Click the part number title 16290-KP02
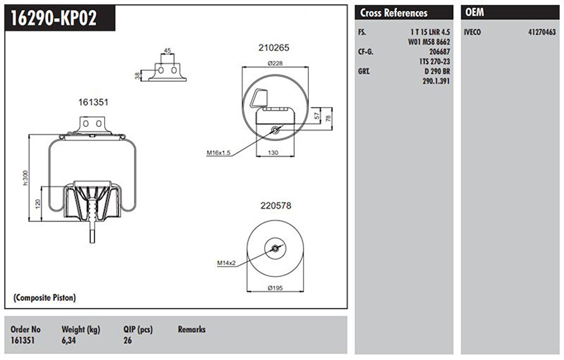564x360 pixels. click(x=54, y=18)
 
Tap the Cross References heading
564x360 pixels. click(x=393, y=13)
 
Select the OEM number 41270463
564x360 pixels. click(x=542, y=33)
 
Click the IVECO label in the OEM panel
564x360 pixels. click(x=473, y=33)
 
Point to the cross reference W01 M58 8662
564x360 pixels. click(x=429, y=42)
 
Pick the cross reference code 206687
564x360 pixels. click(x=439, y=52)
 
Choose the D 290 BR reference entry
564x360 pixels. click(x=437, y=71)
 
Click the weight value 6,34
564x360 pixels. click(x=69, y=340)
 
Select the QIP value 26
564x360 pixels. click(x=127, y=340)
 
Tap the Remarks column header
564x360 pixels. click(x=192, y=329)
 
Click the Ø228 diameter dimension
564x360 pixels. click(x=275, y=63)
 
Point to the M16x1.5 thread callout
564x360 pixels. click(x=218, y=153)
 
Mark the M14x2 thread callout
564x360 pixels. click(x=227, y=262)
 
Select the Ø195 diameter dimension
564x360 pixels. click(x=275, y=287)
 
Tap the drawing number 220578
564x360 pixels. click(x=276, y=206)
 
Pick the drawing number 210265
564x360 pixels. click(x=274, y=48)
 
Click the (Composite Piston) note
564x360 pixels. click(x=44, y=298)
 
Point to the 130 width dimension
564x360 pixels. click(x=272, y=153)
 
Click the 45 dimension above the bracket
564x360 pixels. click(x=167, y=50)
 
